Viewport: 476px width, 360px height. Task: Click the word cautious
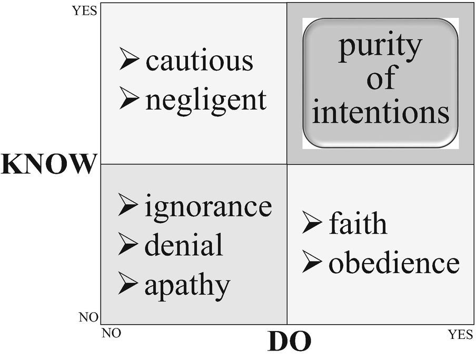[x=200, y=61]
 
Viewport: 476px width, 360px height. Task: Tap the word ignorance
[x=209, y=207]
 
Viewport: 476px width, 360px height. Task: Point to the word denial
[x=184, y=245]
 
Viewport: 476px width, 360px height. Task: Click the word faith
[x=358, y=224]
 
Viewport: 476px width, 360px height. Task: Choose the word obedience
[x=394, y=263]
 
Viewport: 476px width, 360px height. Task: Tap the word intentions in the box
[x=381, y=113]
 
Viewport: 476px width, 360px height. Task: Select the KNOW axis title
[x=49, y=165]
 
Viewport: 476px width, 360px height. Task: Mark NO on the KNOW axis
[x=88, y=317]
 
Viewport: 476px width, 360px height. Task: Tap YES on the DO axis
[x=460, y=334]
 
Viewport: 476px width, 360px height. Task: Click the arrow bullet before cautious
[x=129, y=59]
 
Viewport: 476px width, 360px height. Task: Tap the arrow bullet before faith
[x=312, y=223]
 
